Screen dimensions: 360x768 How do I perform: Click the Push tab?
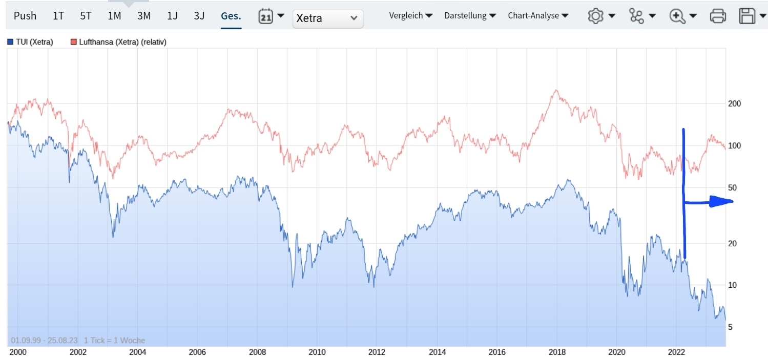click(25, 16)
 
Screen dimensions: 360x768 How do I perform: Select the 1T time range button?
click(58, 16)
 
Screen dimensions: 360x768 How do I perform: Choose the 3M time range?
click(144, 16)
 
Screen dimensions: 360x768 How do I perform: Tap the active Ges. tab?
click(231, 16)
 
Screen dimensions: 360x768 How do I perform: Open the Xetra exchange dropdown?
click(328, 18)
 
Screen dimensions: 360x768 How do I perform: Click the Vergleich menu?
click(410, 16)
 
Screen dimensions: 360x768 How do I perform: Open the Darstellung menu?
click(470, 16)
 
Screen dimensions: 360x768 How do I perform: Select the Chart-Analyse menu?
click(538, 16)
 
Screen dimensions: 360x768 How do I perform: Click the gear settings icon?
click(595, 16)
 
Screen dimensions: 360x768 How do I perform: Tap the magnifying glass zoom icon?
click(678, 16)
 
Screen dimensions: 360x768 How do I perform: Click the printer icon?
click(718, 16)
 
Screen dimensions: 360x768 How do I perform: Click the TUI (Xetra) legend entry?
click(31, 42)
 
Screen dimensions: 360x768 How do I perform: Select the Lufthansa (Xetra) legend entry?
click(118, 42)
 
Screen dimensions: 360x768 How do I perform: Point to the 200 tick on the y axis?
click(734, 103)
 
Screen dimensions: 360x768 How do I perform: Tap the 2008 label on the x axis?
click(257, 352)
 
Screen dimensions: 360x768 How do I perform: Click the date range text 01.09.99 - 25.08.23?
click(44, 341)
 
